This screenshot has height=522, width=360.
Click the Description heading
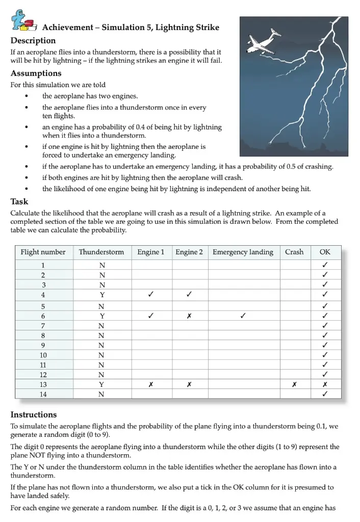coord(33,41)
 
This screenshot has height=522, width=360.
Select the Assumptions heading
coord(36,73)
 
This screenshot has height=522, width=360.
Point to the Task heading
coord(19,201)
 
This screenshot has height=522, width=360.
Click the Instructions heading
coord(34,414)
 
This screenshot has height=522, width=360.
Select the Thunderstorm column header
coord(101,252)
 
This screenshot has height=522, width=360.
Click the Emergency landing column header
coord(243,252)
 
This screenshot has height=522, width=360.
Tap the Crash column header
coord(294,252)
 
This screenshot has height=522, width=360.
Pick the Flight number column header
coord(43,252)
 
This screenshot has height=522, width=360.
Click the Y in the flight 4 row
coord(101,294)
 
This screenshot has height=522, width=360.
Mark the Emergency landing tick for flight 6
coord(243,316)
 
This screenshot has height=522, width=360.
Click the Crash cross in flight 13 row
coord(294,384)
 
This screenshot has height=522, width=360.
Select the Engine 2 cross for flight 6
coord(189,316)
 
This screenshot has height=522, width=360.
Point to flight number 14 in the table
coord(43,394)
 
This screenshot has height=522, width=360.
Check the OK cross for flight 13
coord(325,384)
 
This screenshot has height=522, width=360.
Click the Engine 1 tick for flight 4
coord(151,294)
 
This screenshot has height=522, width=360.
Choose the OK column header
coord(325,252)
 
